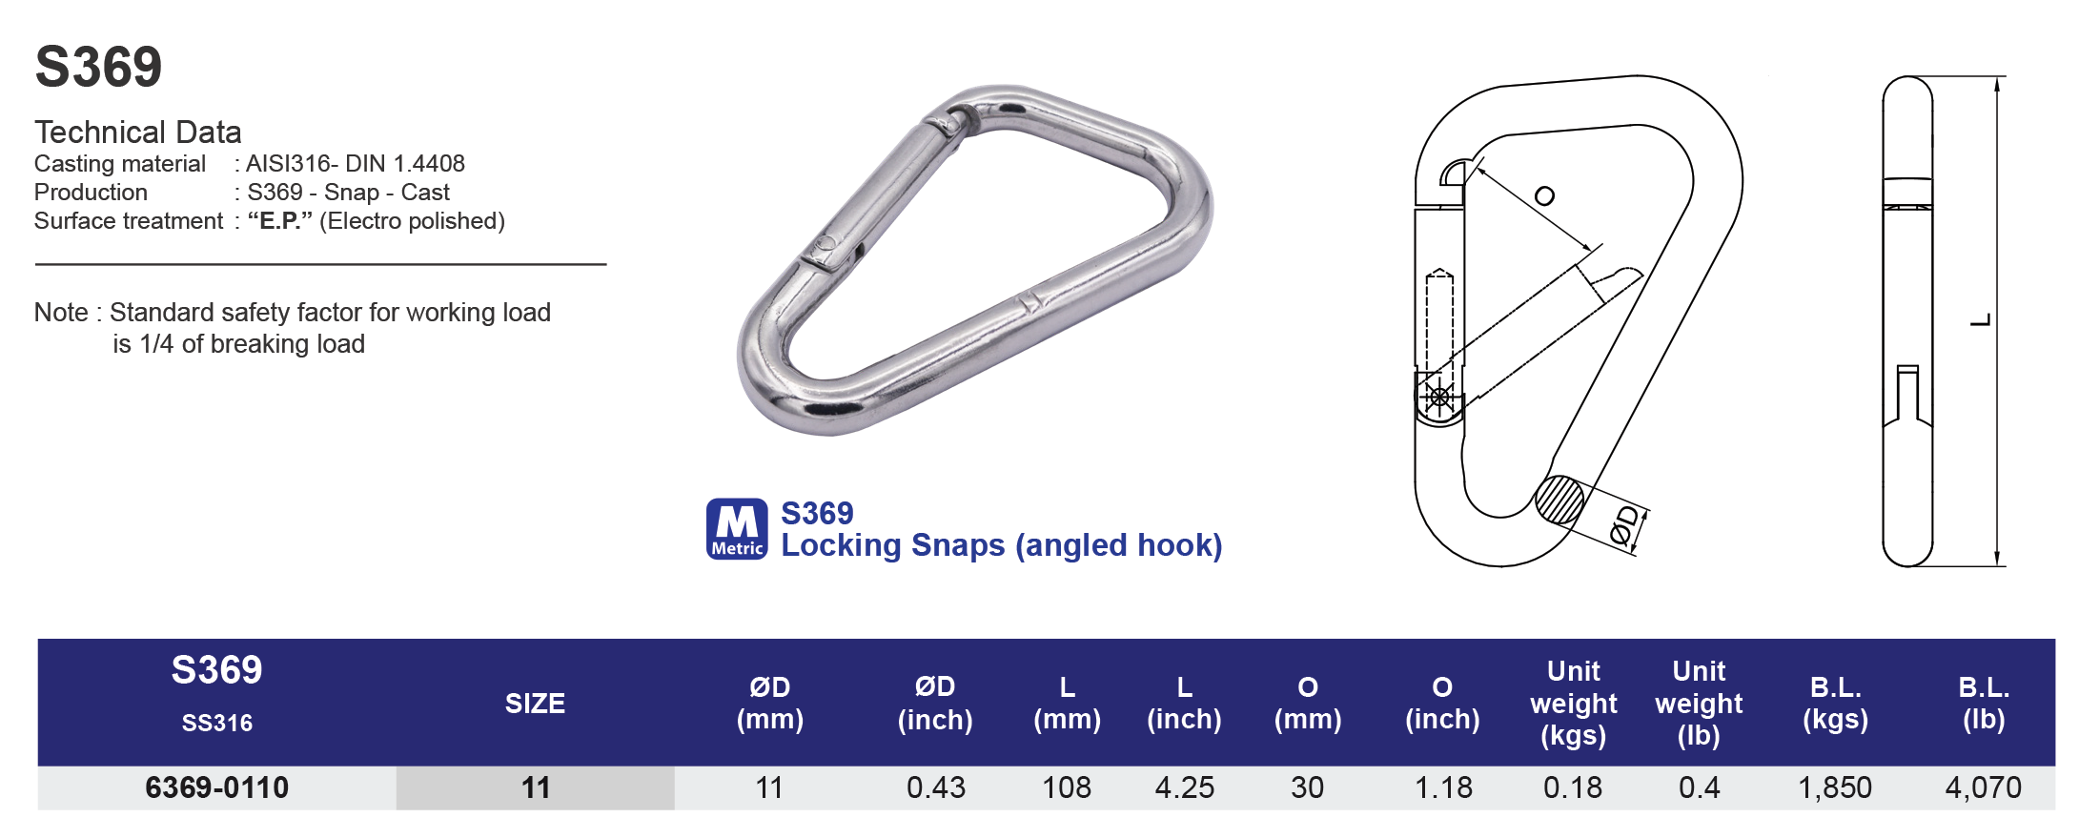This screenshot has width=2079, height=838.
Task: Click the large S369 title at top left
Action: coord(98,67)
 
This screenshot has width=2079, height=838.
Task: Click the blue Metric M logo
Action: coord(736,528)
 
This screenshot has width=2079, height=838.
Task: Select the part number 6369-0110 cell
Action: coord(216,787)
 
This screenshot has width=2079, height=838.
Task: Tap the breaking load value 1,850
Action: coord(1834,787)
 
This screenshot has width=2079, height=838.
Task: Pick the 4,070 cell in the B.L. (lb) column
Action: coord(1983,787)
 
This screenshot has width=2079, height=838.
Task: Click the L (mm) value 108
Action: coord(1066,787)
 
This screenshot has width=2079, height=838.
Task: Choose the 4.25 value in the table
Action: coord(1184,787)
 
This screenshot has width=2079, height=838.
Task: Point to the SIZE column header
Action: coord(535,704)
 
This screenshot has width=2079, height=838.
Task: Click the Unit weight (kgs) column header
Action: coord(1573,704)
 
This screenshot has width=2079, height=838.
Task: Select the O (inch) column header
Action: coord(1442,704)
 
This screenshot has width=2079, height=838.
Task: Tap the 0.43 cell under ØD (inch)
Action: coord(935,787)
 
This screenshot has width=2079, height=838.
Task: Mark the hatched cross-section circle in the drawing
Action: coord(1559,500)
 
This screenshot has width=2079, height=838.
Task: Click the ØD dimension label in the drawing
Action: coord(1625,526)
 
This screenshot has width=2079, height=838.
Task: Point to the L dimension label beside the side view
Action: coord(1980,319)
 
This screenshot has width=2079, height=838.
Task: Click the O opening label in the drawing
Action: coord(1544,196)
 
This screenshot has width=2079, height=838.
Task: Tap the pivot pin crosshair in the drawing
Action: coord(1439,397)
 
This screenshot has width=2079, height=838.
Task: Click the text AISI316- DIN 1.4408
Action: coord(355,164)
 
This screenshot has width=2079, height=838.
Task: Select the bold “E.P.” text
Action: coord(280,221)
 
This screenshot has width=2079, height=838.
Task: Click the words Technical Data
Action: coord(138,132)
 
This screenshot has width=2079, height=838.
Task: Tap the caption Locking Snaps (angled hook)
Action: coord(1001,545)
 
